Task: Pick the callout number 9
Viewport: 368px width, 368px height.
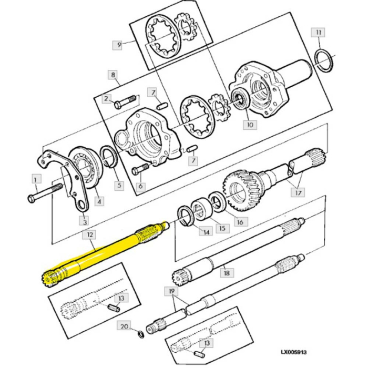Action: click(x=118, y=45)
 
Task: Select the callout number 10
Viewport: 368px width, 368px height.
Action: click(x=249, y=125)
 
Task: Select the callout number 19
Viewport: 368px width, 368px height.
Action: click(x=172, y=290)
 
